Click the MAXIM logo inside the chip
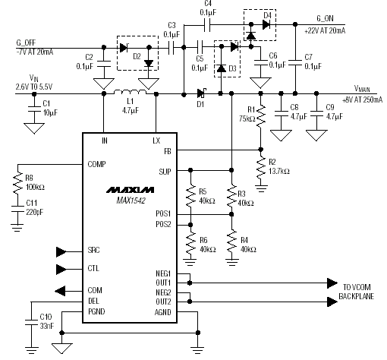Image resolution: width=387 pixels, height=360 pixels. (x=130, y=190)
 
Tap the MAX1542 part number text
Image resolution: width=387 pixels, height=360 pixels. (x=131, y=201)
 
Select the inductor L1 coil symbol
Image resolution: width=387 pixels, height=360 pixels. (x=130, y=92)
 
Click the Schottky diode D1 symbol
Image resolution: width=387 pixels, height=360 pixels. (x=202, y=93)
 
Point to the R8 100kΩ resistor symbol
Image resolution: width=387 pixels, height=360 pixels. (x=17, y=183)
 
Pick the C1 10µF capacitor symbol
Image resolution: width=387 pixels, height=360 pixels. (x=34, y=109)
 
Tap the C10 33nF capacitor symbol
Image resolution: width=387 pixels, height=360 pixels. (x=31, y=322)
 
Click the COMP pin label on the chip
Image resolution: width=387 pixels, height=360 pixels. (x=96, y=164)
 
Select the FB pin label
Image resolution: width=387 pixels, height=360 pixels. (x=168, y=151)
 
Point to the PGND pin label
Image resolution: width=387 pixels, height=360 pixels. (x=96, y=311)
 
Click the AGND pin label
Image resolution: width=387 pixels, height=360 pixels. (x=162, y=312)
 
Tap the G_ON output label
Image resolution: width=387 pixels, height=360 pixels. (x=326, y=18)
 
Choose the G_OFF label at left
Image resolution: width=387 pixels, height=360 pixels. (x=26, y=43)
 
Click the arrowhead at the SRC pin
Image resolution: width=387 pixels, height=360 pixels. (x=61, y=252)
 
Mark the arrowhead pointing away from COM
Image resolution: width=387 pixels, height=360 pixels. (x=60, y=291)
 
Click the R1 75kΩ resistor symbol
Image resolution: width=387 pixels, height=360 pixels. (x=261, y=115)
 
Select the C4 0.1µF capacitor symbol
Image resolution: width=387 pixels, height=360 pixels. (x=207, y=25)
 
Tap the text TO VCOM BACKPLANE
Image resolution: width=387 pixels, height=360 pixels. (x=356, y=292)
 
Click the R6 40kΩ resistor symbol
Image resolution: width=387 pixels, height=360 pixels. (x=190, y=245)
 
